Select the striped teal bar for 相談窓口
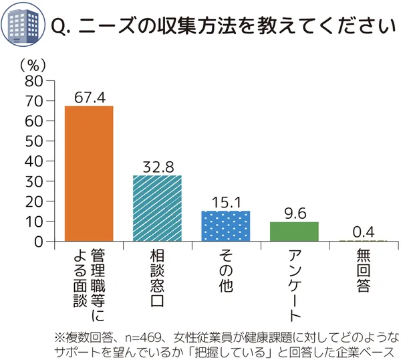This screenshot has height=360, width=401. coord(158,207)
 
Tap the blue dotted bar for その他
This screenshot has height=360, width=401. coord(227,226)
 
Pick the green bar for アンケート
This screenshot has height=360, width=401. coord(294,231)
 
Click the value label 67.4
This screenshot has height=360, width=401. coord(90,97)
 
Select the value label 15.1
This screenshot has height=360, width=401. coord(227,202)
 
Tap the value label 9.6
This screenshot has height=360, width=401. coord(294,213)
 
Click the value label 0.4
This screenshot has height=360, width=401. coord(363,232)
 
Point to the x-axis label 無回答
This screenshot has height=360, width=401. coord(363,272)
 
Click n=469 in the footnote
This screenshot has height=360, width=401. coord(132,336)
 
